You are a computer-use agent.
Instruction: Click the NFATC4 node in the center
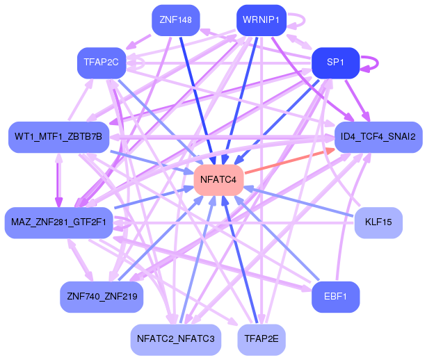click(x=218, y=180)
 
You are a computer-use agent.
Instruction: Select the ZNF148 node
click(x=176, y=20)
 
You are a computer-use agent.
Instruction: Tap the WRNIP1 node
click(x=261, y=20)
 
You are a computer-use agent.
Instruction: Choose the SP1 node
click(x=335, y=63)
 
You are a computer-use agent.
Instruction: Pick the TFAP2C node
click(x=102, y=63)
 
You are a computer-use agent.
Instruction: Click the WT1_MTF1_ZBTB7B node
click(x=59, y=137)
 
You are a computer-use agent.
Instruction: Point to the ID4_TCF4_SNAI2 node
click(x=378, y=137)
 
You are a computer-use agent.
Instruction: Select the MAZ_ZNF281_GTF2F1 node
click(x=59, y=223)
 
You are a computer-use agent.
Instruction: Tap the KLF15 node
click(x=378, y=223)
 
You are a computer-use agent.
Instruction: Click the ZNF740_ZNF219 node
click(x=102, y=297)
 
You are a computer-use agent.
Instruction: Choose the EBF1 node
click(x=335, y=297)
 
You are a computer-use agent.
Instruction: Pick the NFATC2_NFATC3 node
click(x=176, y=340)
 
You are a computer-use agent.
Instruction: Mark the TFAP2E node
click(x=261, y=340)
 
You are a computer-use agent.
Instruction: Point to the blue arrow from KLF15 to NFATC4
click(x=299, y=202)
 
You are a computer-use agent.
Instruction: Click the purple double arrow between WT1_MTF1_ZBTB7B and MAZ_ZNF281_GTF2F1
click(x=59, y=180)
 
